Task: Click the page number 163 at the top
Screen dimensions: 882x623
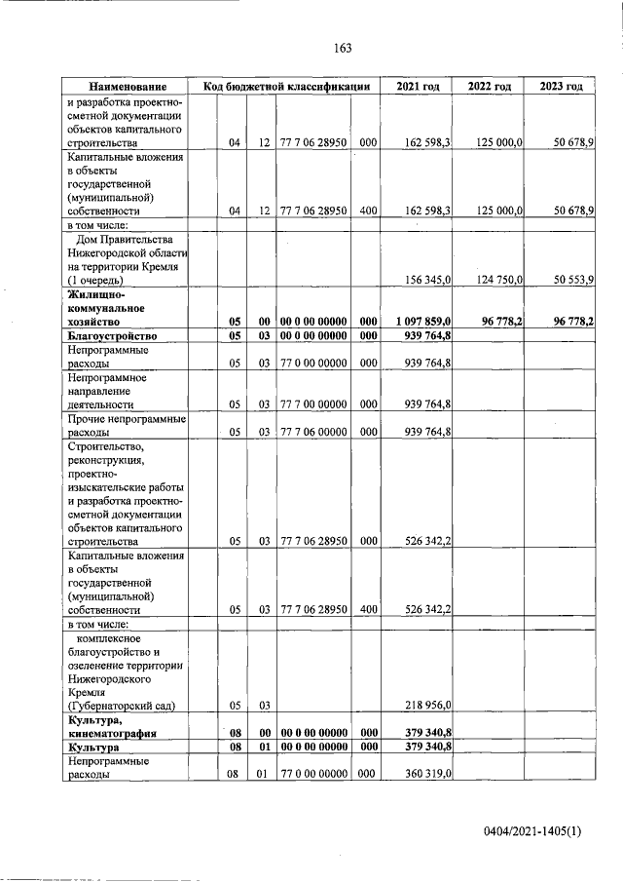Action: tap(342, 49)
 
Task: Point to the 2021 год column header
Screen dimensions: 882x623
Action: tap(418, 87)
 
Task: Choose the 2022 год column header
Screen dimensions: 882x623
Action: tap(490, 87)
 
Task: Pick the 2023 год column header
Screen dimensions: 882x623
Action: tap(562, 87)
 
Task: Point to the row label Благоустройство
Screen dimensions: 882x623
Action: tap(113, 335)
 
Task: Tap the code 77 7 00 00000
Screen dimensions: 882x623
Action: tap(313, 403)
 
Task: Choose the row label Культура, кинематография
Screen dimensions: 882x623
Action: tap(111, 724)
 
